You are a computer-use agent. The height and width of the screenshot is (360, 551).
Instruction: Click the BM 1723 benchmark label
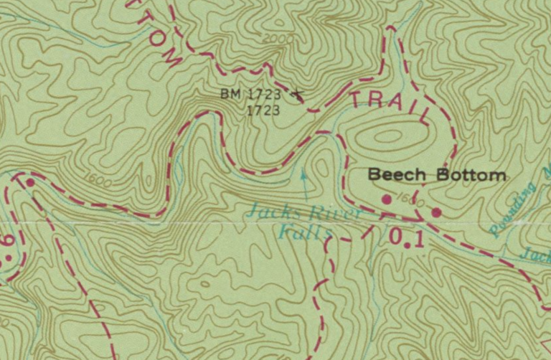(252, 94)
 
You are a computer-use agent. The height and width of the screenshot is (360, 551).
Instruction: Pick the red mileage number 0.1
(406, 237)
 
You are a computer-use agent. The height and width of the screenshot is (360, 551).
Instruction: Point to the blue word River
(333, 213)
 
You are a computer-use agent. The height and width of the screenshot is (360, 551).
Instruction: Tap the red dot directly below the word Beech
(387, 199)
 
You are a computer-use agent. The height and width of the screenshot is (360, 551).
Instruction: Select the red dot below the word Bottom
(436, 212)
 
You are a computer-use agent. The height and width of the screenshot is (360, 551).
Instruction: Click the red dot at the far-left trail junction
(30, 183)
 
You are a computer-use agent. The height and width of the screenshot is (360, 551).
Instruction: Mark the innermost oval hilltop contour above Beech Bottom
(388, 135)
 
